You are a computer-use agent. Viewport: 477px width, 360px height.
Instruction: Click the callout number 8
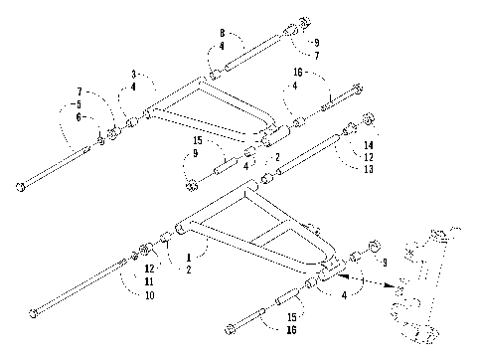(223, 33)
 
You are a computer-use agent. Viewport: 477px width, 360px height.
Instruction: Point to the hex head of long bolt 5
(21, 187)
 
